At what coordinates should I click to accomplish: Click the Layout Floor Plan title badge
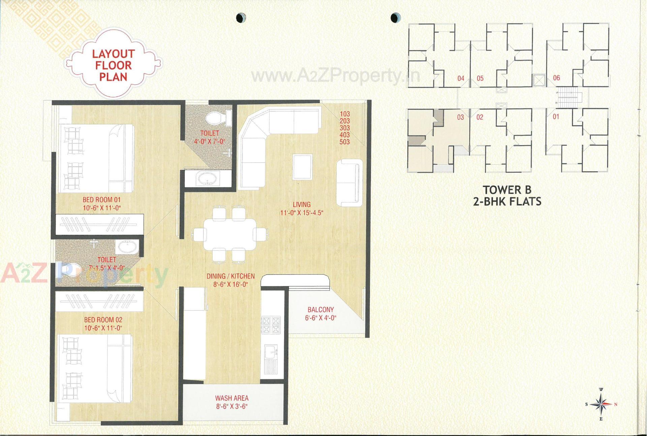(x=114, y=65)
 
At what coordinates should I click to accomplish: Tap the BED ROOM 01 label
(x=101, y=200)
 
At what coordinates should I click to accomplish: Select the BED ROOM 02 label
(x=103, y=320)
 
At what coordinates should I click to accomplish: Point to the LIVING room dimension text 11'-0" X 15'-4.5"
(x=302, y=213)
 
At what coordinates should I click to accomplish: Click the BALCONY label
(x=320, y=309)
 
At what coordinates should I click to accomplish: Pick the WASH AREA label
(x=232, y=398)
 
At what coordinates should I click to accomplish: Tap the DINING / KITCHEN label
(x=230, y=276)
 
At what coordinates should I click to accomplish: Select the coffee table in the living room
(x=302, y=167)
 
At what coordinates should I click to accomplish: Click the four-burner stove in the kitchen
(x=271, y=325)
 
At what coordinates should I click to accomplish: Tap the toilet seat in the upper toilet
(x=216, y=118)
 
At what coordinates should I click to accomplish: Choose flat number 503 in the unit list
(x=344, y=142)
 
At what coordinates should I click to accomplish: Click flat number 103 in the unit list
(x=344, y=114)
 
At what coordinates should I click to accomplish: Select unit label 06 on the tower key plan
(x=556, y=78)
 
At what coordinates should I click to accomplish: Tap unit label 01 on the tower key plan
(x=556, y=117)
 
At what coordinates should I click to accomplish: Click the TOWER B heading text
(x=507, y=190)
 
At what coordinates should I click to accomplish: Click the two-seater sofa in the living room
(x=349, y=182)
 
